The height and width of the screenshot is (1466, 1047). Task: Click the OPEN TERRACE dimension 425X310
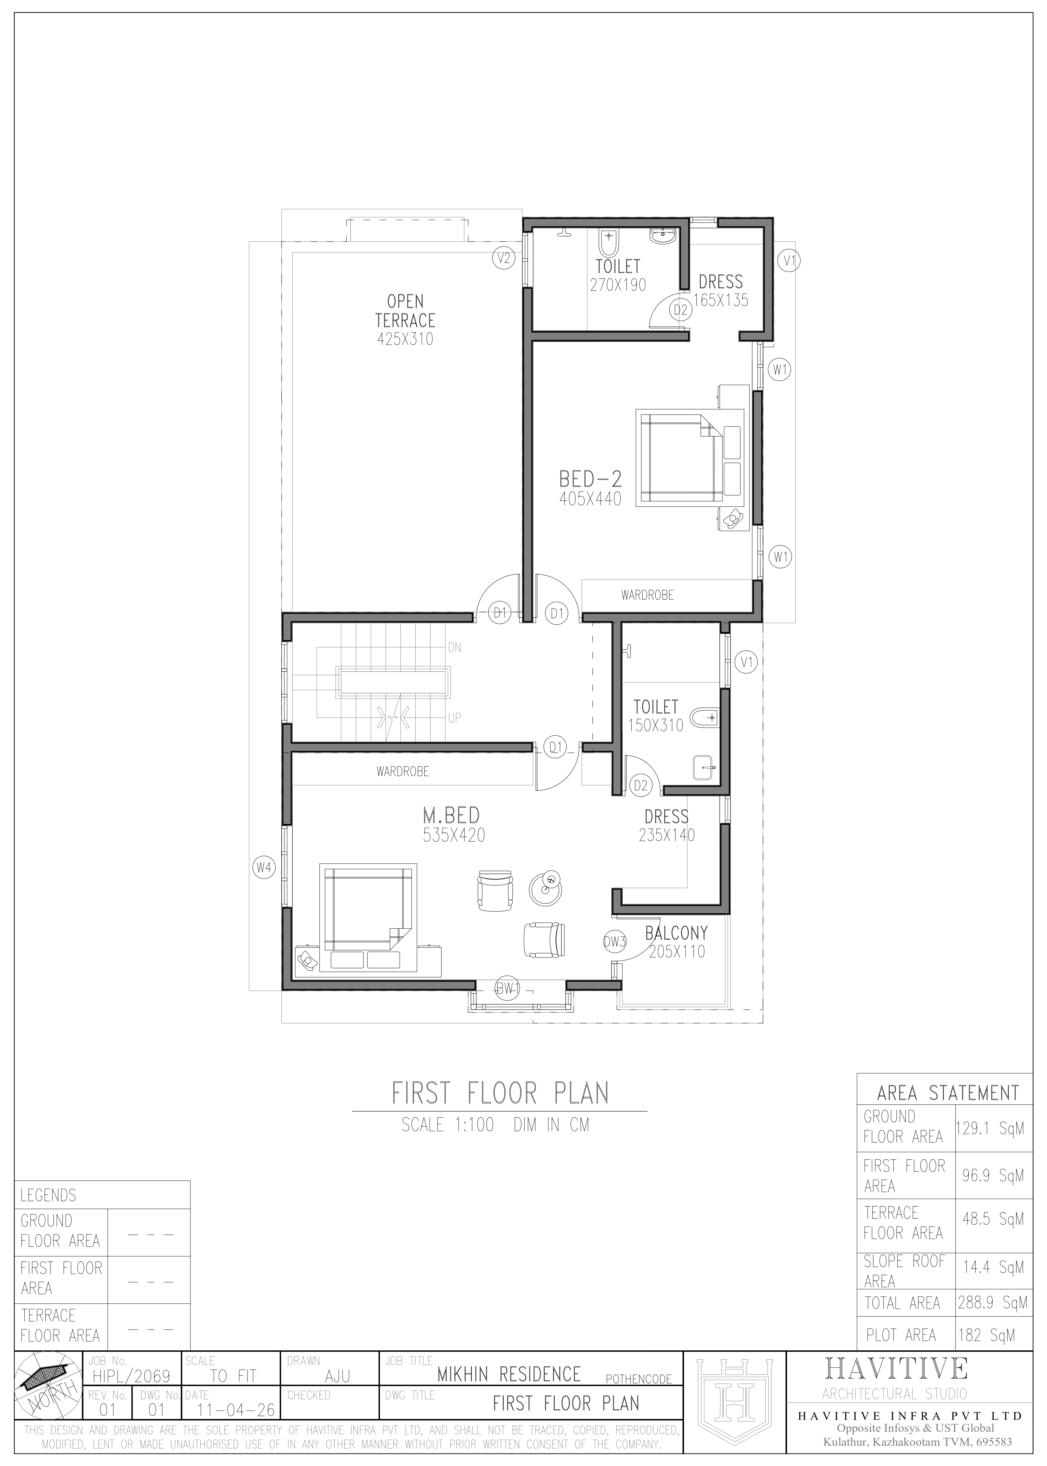point(406,339)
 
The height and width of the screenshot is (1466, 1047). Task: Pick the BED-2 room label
point(591,479)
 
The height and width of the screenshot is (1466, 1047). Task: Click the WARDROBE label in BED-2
point(647,595)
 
